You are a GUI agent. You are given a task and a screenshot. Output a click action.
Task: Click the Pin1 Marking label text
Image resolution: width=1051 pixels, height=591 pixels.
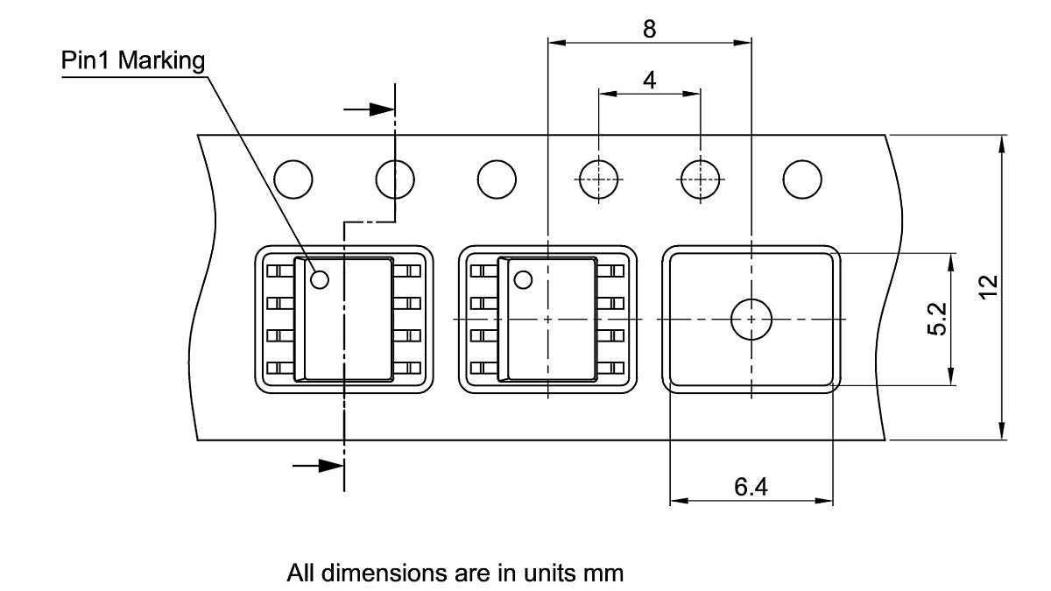click(133, 61)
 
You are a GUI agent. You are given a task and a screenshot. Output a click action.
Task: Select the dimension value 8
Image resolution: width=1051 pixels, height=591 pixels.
click(649, 29)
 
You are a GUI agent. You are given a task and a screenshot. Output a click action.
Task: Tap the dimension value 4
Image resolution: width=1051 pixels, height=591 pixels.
click(649, 81)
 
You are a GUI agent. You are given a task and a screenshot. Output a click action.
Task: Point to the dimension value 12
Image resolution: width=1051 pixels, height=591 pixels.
click(989, 287)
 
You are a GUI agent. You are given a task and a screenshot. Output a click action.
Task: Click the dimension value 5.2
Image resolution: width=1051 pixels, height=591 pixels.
click(936, 319)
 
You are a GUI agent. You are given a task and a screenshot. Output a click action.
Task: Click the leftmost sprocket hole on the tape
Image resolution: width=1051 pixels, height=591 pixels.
click(293, 179)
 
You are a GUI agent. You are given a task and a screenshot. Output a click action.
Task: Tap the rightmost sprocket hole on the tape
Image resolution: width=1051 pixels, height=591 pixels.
click(802, 179)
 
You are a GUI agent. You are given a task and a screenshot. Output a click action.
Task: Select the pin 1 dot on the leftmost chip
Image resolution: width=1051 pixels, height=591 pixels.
click(319, 280)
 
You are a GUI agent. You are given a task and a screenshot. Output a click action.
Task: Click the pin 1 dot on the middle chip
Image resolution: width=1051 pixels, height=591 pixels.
click(523, 280)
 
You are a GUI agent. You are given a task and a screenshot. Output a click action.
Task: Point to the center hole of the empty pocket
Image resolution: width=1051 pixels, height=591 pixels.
click(751, 320)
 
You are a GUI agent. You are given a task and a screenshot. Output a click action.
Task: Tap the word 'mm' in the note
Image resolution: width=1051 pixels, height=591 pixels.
click(603, 574)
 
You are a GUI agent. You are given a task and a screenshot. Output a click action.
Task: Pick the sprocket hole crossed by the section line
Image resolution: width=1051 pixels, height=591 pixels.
click(395, 179)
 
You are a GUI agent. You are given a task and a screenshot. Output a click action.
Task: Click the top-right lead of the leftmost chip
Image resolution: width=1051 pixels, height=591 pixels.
click(408, 271)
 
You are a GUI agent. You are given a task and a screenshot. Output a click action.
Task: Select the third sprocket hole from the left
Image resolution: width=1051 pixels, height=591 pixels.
click(497, 179)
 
